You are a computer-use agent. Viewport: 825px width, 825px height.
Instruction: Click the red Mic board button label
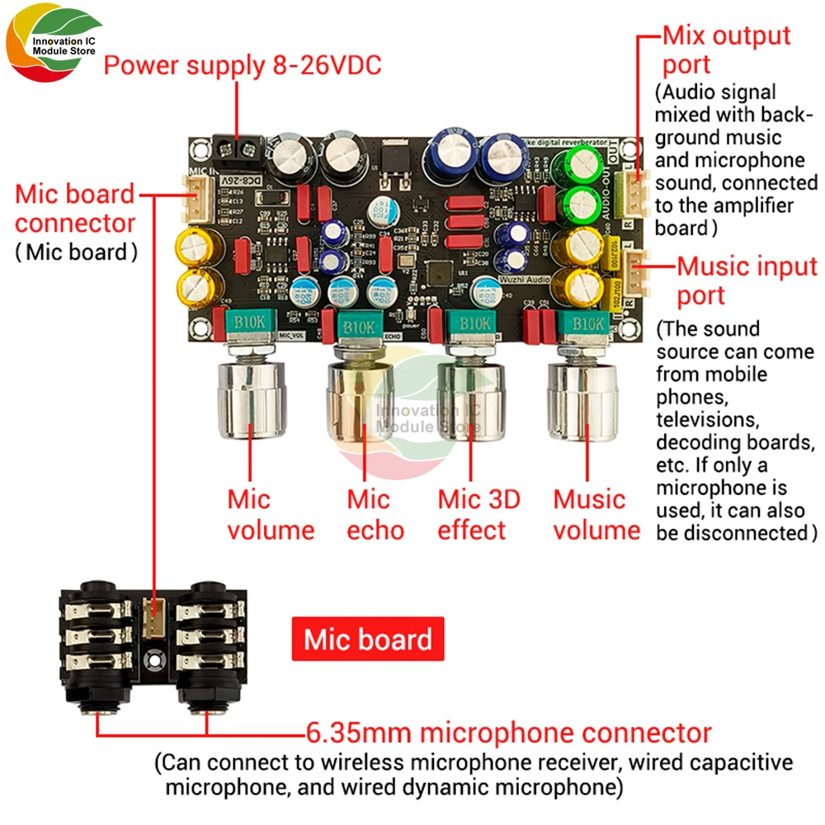coord(368,639)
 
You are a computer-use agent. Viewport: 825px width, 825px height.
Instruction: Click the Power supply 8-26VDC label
coord(242,65)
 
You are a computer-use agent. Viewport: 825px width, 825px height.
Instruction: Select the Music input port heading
coord(747,280)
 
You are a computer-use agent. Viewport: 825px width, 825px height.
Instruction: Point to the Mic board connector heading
coord(74,209)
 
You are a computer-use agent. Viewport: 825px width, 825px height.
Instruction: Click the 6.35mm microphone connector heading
coord(507,733)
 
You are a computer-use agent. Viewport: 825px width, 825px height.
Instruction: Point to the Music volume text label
coord(596,514)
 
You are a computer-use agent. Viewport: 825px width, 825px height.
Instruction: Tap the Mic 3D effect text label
coord(478,514)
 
